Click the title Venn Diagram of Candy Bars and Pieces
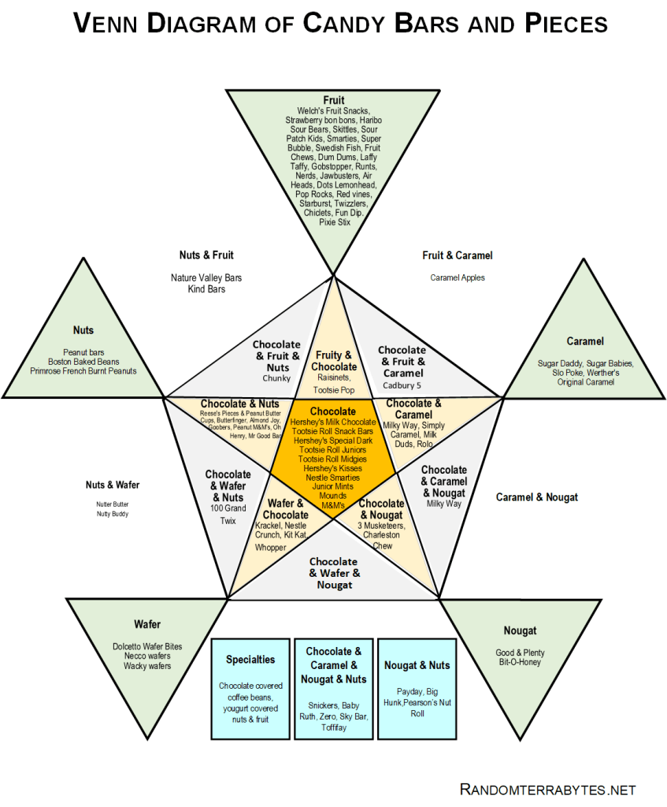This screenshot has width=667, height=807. [340, 24]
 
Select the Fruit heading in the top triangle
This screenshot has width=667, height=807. [334, 100]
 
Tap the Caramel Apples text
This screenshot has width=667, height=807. [458, 277]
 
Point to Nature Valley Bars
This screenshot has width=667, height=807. [206, 277]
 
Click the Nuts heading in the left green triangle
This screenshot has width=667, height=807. [83, 331]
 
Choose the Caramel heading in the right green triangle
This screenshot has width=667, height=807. [585, 341]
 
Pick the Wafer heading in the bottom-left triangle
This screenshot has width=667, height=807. [147, 625]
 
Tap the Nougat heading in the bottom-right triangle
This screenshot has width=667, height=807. [521, 630]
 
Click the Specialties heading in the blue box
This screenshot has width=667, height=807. [250, 660]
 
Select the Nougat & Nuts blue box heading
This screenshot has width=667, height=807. [417, 665]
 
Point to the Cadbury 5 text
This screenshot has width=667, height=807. [402, 385]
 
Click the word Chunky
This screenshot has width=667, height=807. [276, 378]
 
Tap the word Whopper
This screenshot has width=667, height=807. [270, 547]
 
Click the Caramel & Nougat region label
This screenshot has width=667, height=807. [537, 497]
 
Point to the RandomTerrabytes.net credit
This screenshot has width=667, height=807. [547, 789]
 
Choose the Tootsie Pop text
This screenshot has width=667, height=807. [334, 389]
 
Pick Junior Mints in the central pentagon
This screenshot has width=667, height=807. [332, 486]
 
